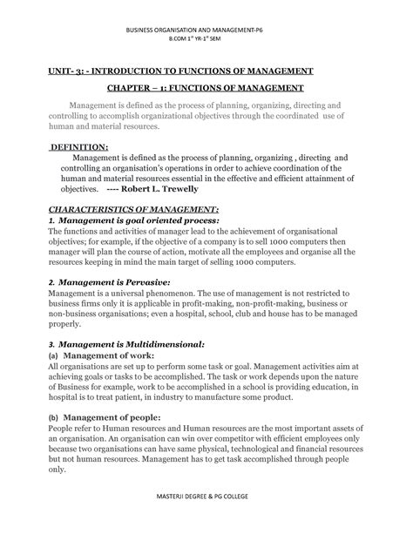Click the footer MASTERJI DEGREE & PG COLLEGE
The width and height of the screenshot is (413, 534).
(x=206, y=520)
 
